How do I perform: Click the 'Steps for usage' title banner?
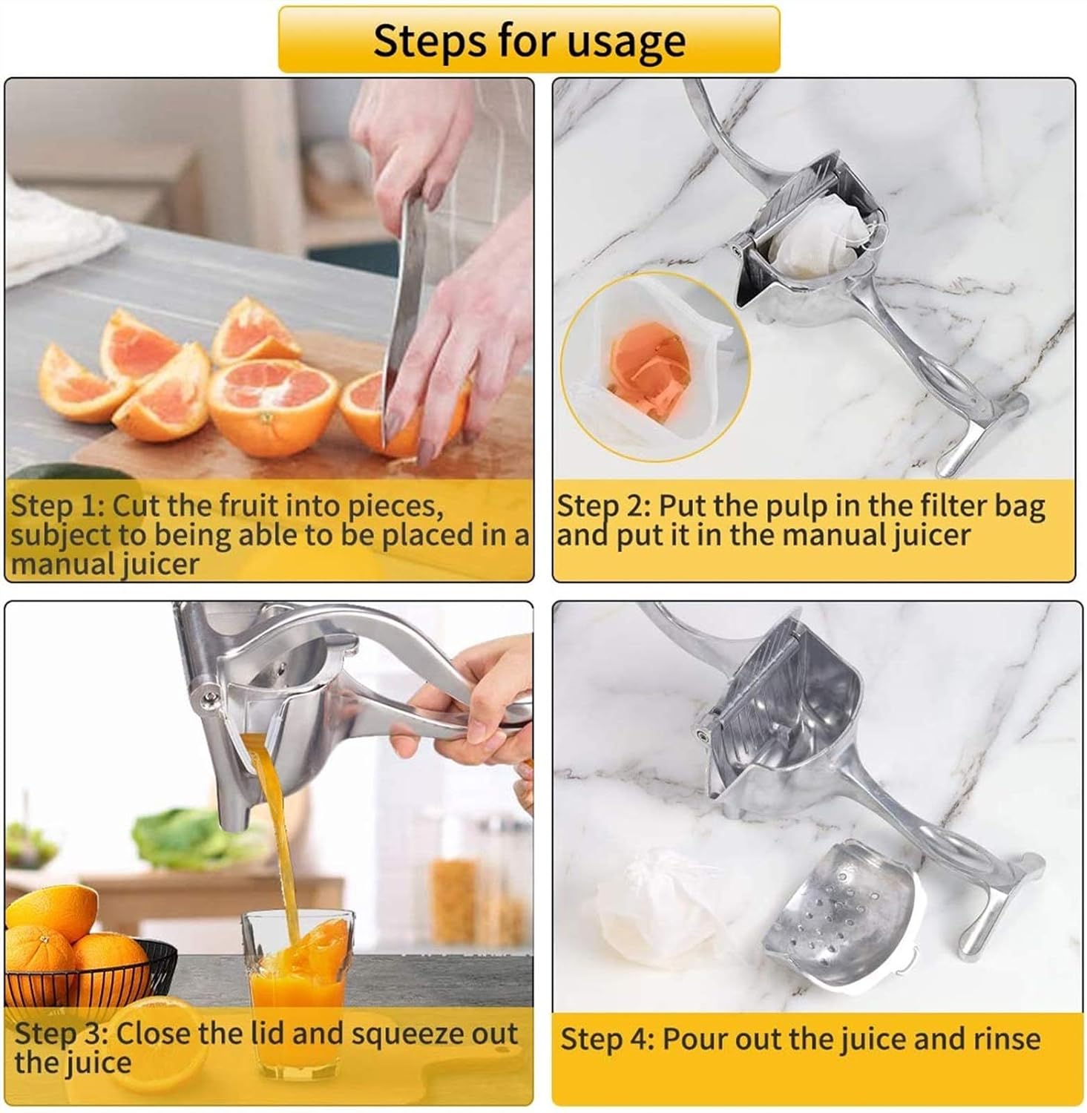coord(528,39)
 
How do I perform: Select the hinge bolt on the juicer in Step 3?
coord(209,697)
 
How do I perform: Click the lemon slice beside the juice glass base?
coord(160,1039)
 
